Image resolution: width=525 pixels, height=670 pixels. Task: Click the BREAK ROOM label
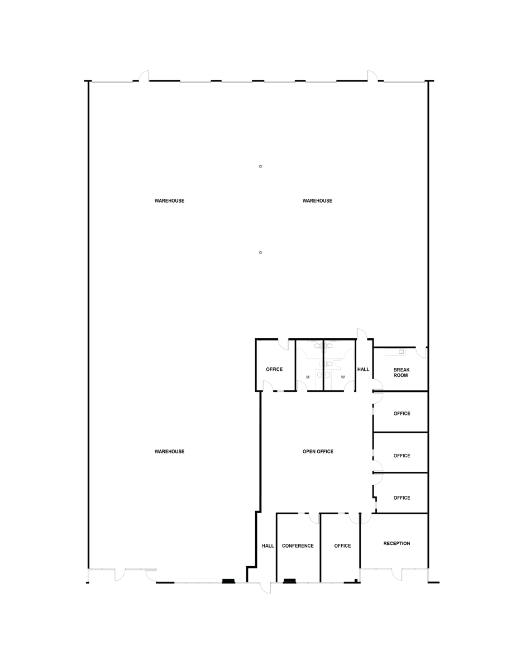(x=401, y=372)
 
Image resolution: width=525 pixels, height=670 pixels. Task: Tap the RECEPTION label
(x=397, y=543)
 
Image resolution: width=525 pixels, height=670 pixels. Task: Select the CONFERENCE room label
(x=298, y=545)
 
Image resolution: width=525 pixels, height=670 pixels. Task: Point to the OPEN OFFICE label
(x=318, y=451)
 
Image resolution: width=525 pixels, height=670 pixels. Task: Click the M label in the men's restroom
(x=308, y=377)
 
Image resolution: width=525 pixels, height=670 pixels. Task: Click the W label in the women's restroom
(x=343, y=377)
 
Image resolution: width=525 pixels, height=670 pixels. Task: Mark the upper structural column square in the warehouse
(x=260, y=166)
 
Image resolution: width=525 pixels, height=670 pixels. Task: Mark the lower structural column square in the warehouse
(x=260, y=252)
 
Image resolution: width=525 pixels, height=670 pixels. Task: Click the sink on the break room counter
(x=401, y=352)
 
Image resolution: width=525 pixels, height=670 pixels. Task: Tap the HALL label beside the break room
(x=363, y=369)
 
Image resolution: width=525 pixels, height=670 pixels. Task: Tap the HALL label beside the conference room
(x=268, y=545)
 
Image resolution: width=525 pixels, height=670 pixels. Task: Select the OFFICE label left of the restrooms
(x=274, y=369)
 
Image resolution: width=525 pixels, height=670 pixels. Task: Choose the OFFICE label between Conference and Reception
(x=342, y=545)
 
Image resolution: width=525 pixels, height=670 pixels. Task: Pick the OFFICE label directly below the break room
(x=402, y=414)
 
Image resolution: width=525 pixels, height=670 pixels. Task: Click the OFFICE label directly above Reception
(x=402, y=498)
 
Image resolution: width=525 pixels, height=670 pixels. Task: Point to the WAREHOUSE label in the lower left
(x=169, y=451)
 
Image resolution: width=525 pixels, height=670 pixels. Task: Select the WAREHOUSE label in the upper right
(x=317, y=200)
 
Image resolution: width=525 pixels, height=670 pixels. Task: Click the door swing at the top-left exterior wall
(x=145, y=76)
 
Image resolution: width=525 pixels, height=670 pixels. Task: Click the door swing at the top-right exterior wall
(x=372, y=76)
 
